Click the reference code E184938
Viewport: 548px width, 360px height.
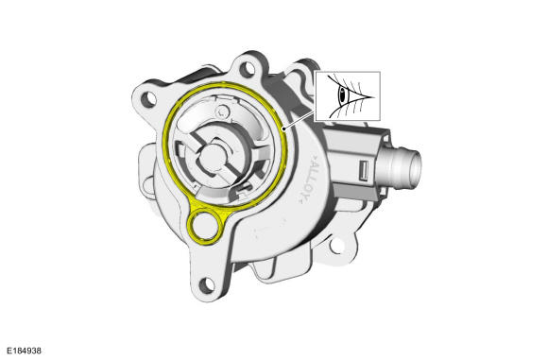(25, 351)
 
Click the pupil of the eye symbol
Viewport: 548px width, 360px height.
(342, 94)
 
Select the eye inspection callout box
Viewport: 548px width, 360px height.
(348, 96)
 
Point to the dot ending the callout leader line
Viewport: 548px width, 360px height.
(284, 130)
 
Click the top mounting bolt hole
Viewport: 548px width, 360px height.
(247, 69)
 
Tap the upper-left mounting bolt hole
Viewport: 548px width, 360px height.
(147, 99)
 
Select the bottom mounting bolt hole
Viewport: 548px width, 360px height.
(206, 285)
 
